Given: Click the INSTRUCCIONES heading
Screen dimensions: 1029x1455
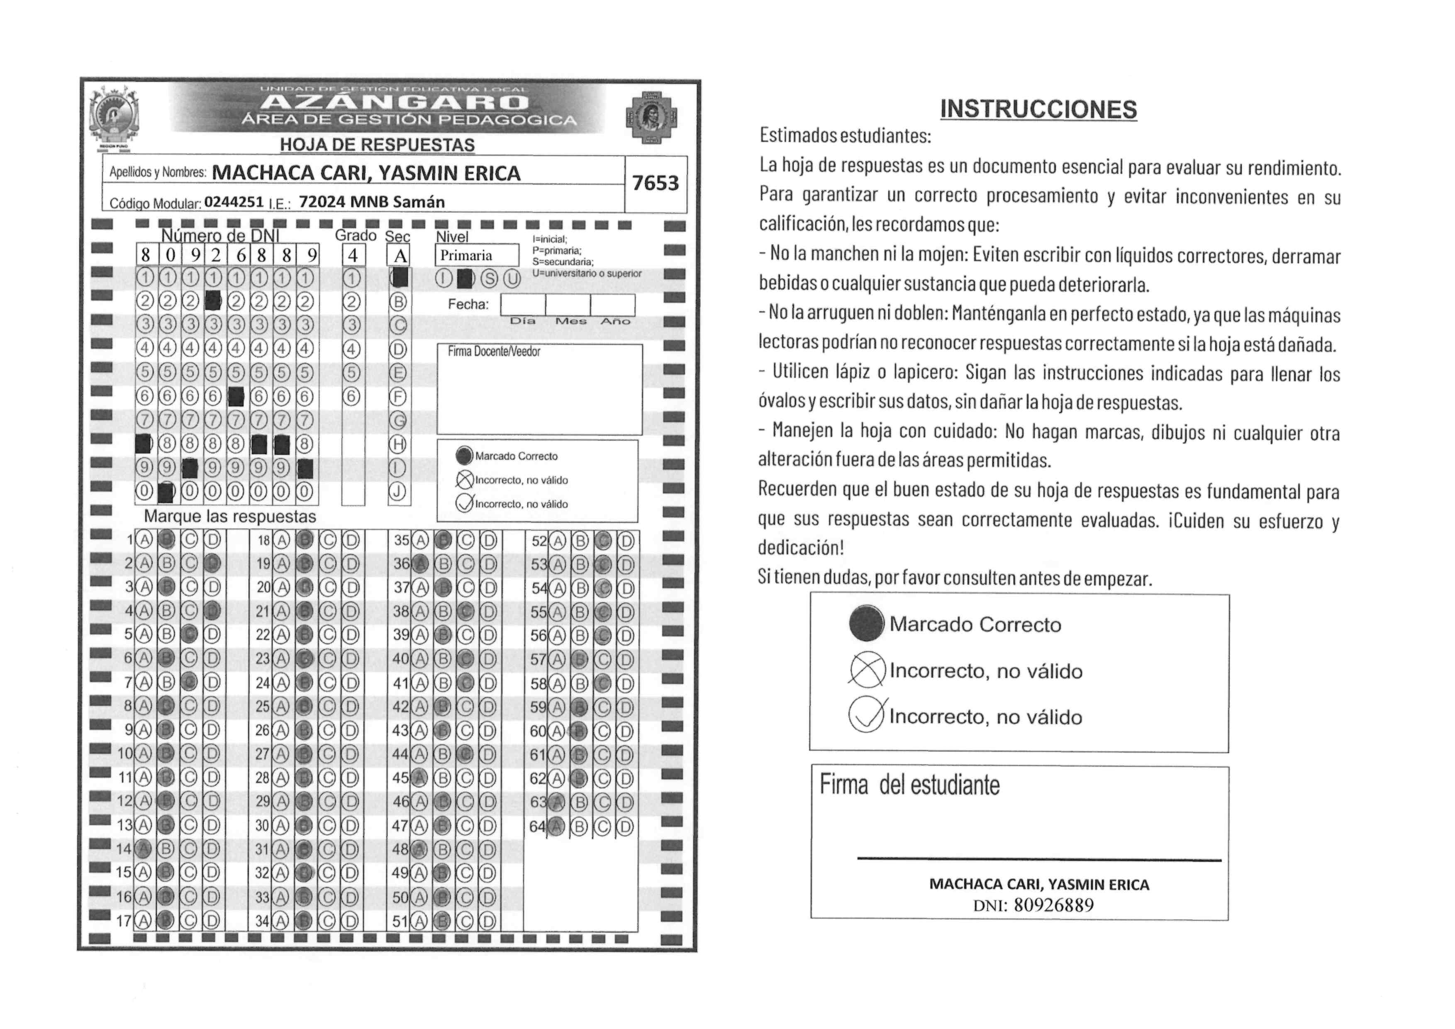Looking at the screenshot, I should pyautogui.click(x=1038, y=109).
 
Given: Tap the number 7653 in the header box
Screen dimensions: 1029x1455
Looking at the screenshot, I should pyautogui.click(x=655, y=183).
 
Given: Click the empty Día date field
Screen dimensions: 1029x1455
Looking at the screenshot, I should pyautogui.click(x=523, y=305).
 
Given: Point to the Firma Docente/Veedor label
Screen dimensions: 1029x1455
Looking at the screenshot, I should pyautogui.click(x=494, y=352).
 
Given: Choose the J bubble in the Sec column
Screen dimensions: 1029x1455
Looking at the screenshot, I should pyautogui.click(x=397, y=492).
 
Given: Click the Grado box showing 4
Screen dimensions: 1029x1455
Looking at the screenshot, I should pyautogui.click(x=353, y=255).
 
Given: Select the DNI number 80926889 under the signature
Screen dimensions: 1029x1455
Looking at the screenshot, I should pyautogui.click(x=1053, y=905).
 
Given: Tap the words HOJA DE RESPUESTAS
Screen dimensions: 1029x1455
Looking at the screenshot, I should pyautogui.click(x=377, y=145).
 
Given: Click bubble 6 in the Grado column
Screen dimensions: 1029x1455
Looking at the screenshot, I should pyautogui.click(x=352, y=397).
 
